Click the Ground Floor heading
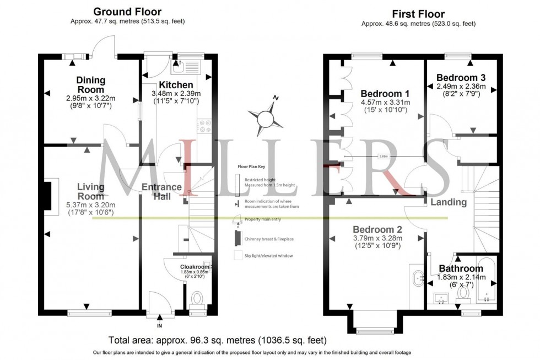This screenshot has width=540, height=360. click(x=127, y=12)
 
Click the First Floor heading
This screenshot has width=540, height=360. click(x=418, y=14)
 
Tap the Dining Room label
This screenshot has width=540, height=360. click(x=90, y=85)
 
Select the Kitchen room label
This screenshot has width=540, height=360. click(x=176, y=85)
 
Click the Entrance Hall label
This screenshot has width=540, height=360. click(x=161, y=191)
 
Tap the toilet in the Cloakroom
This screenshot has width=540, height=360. click(x=197, y=300)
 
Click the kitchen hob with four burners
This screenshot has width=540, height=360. click(x=206, y=126)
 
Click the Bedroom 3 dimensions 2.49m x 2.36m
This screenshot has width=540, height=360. click(x=461, y=87)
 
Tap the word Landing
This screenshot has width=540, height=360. click(x=449, y=202)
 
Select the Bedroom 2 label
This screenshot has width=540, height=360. click(x=377, y=229)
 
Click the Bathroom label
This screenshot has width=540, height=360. click(x=461, y=269)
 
